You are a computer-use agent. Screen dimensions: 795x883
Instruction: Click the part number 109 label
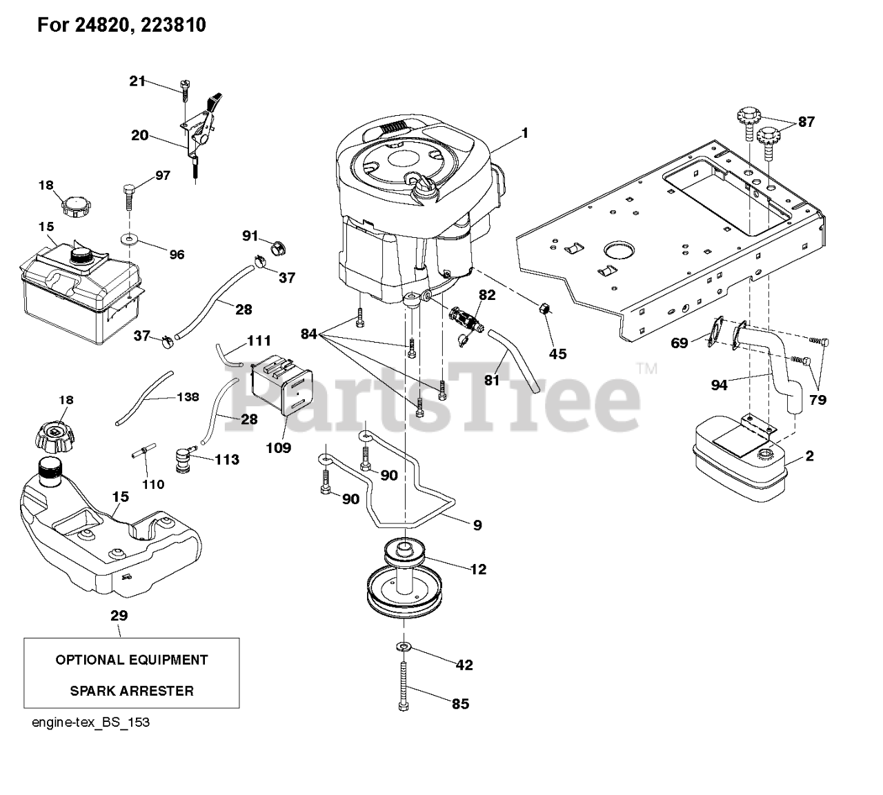coord(279,447)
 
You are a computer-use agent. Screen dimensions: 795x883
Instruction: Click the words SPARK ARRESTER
coord(132,690)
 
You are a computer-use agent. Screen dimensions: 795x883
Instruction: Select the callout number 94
coord(719,385)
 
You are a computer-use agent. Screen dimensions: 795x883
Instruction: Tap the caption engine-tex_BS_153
coord(90,723)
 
